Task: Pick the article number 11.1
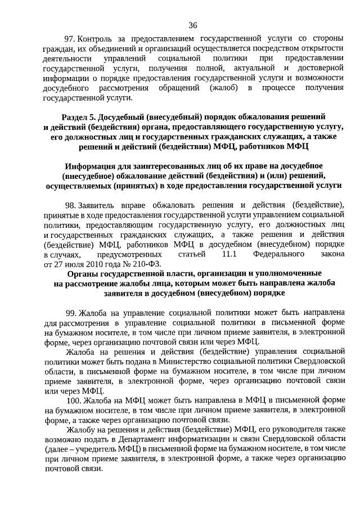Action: click(x=231, y=255)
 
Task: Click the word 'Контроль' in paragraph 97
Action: click(x=97, y=38)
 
